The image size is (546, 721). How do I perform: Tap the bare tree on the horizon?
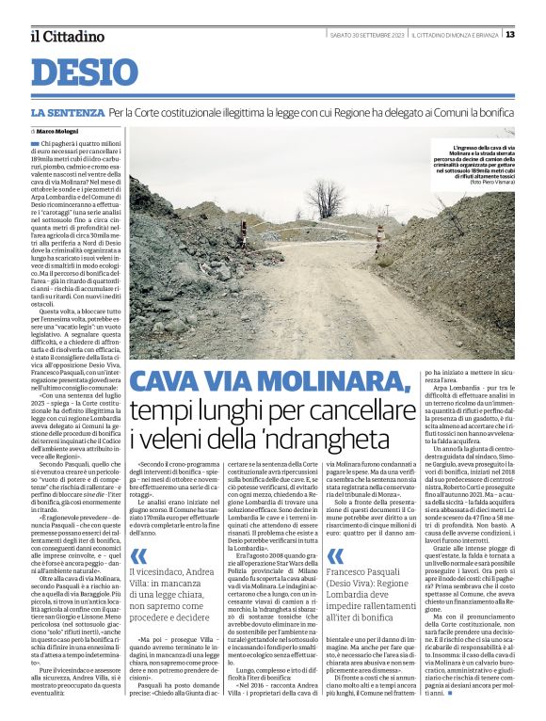click(x=330, y=199)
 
